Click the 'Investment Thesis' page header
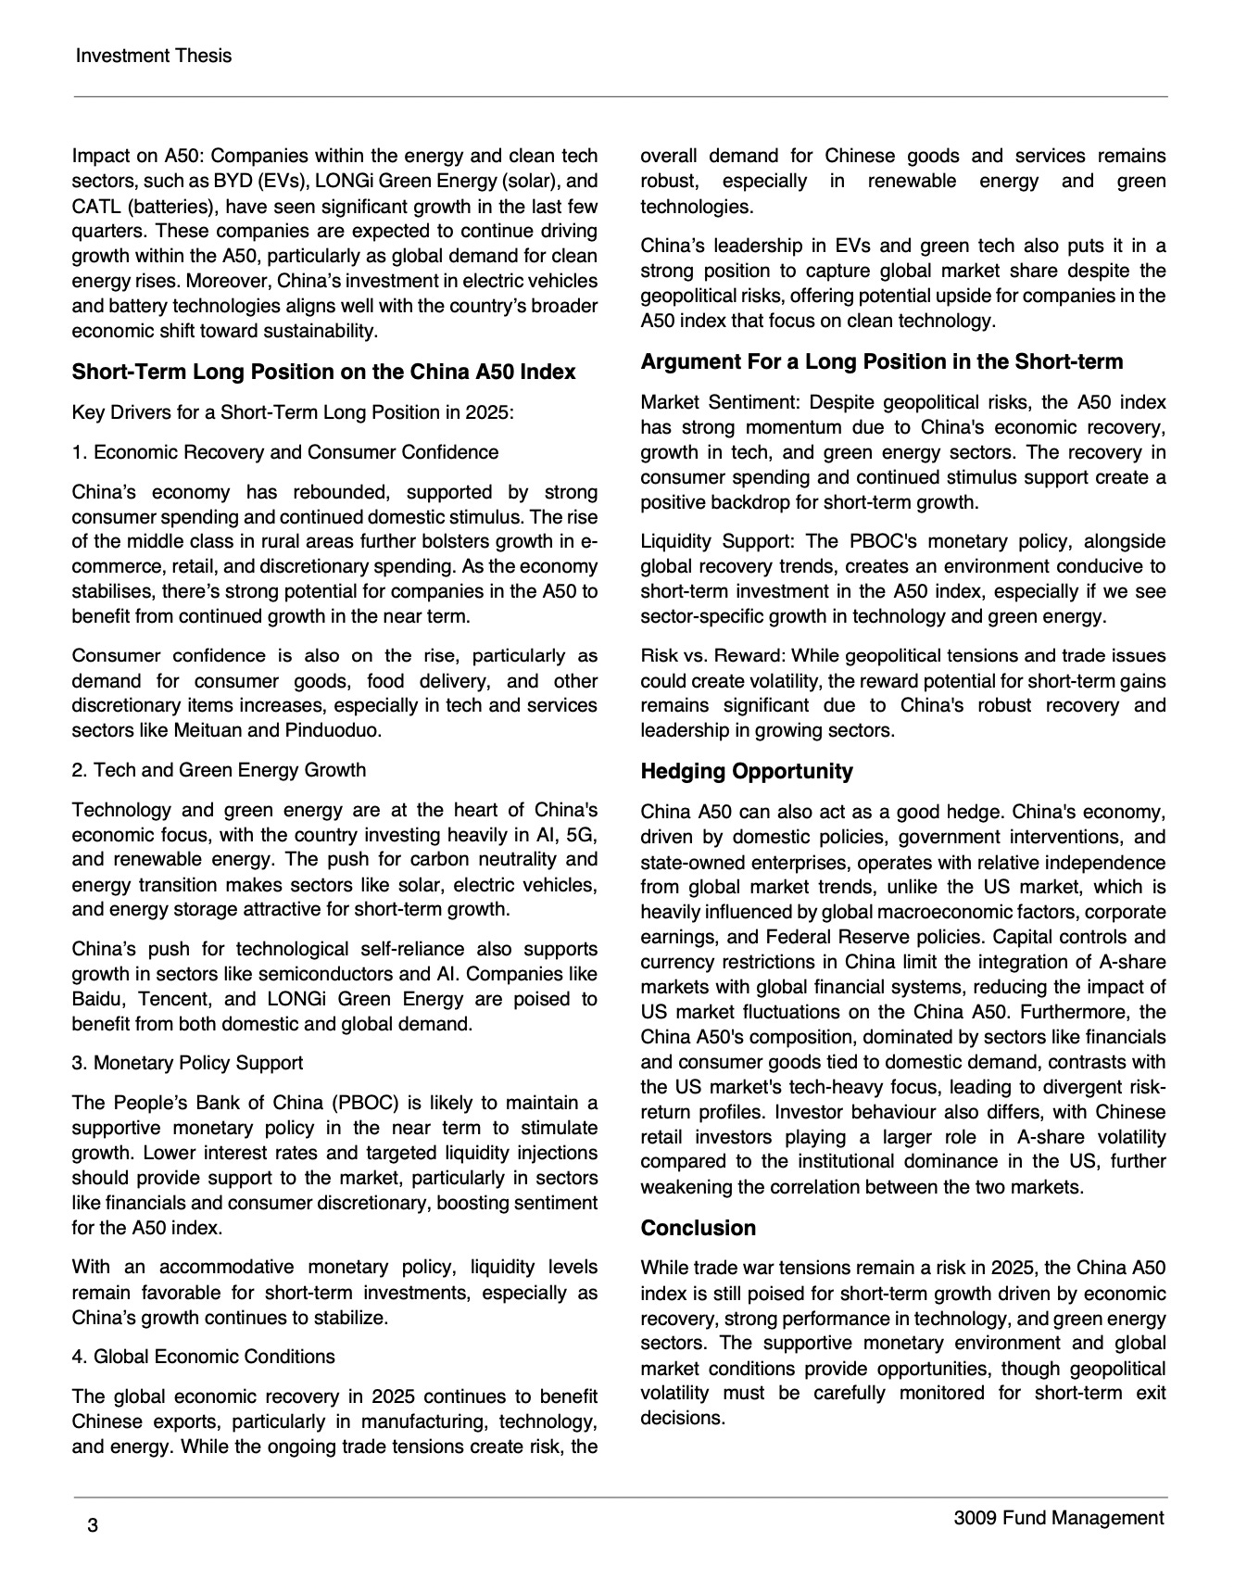pos(153,56)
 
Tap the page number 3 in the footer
pos(93,1526)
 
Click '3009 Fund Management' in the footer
pos(1058,1518)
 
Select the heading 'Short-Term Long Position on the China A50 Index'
pos(323,372)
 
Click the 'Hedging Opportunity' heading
pos(747,771)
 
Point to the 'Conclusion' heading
pos(698,1228)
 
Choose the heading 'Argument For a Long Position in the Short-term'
pos(881,361)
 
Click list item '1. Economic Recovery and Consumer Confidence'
pos(284,452)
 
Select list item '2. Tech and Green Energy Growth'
pos(219,770)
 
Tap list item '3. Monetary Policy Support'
pos(187,1063)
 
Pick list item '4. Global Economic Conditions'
pos(203,1357)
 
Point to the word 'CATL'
pos(95,207)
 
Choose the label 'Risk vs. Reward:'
pos(711,656)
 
